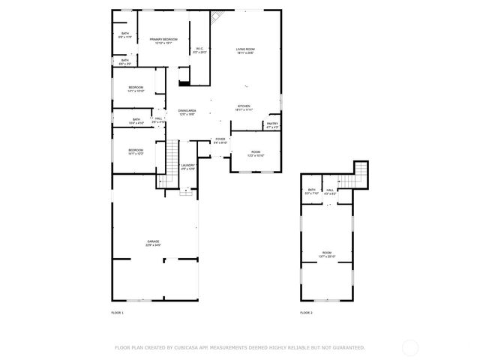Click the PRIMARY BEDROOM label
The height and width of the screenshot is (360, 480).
coord(163,39)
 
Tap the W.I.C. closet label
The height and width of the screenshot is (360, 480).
coord(199,49)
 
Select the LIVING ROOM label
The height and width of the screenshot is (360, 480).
coord(246,49)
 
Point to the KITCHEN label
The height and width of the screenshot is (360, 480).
coord(244,106)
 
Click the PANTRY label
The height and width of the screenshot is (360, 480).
coord(272,124)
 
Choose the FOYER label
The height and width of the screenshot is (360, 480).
coord(220,139)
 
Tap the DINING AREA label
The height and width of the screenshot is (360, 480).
coord(187,110)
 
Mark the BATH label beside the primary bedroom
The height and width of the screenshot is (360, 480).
coord(125,34)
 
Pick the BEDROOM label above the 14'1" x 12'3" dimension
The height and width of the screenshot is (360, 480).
coord(136,150)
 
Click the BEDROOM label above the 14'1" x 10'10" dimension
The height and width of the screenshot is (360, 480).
coord(136,88)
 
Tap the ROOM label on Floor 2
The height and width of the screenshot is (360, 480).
coord(327,253)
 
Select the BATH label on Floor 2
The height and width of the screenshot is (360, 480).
coord(311,190)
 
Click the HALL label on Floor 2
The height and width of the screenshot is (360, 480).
coord(330,190)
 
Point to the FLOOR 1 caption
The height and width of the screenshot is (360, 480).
coord(117,312)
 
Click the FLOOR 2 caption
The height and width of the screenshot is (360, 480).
coord(306,312)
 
